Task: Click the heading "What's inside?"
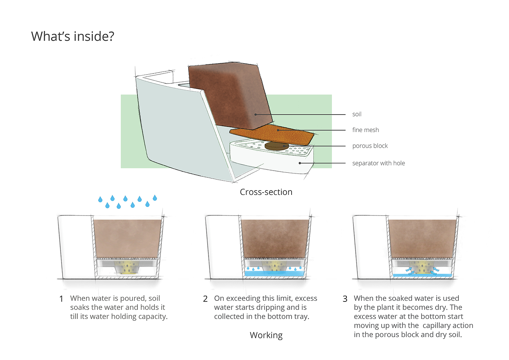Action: click(x=73, y=36)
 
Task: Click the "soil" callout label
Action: click(x=357, y=114)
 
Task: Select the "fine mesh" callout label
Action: click(x=365, y=130)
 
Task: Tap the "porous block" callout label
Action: click(x=370, y=146)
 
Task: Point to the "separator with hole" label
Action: click(x=378, y=163)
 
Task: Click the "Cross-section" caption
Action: click(x=266, y=192)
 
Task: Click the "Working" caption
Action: click(x=266, y=335)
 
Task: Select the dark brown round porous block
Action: click(x=277, y=146)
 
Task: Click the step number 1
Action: click(x=61, y=299)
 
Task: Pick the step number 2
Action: click(x=205, y=299)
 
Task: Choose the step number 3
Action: click(x=345, y=299)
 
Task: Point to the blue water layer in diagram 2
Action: click(x=274, y=273)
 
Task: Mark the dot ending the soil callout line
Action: click(x=256, y=115)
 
